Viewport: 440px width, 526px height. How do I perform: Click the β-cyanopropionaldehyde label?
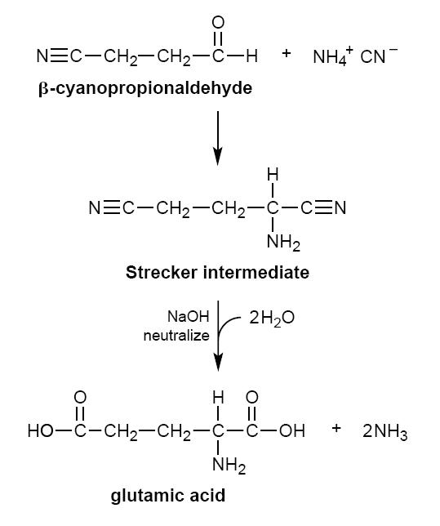(x=145, y=89)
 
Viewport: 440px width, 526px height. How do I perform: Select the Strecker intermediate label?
(x=217, y=272)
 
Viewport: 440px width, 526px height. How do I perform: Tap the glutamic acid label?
(x=167, y=496)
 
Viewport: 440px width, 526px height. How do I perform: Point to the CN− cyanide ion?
(x=379, y=56)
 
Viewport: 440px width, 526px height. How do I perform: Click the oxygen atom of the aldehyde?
(x=218, y=23)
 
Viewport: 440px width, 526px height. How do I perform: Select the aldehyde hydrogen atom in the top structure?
(x=252, y=56)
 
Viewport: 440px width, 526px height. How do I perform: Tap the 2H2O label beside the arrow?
(x=272, y=318)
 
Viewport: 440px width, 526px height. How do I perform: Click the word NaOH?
(x=188, y=316)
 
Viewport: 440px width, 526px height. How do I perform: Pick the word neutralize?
(x=176, y=335)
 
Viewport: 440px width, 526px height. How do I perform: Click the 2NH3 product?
(x=385, y=431)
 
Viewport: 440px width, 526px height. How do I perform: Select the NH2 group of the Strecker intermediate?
(x=283, y=242)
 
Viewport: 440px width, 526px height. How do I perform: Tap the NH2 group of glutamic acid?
(x=229, y=466)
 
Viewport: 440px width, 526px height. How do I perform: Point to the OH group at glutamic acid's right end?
(x=292, y=430)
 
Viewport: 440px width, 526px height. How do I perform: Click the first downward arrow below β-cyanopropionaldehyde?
(x=218, y=138)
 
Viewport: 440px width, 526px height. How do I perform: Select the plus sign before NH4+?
(x=286, y=53)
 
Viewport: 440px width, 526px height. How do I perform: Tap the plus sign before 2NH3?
(x=336, y=428)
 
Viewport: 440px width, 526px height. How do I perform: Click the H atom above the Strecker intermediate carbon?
(x=273, y=175)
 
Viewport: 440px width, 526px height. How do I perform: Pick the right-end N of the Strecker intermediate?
(x=340, y=208)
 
